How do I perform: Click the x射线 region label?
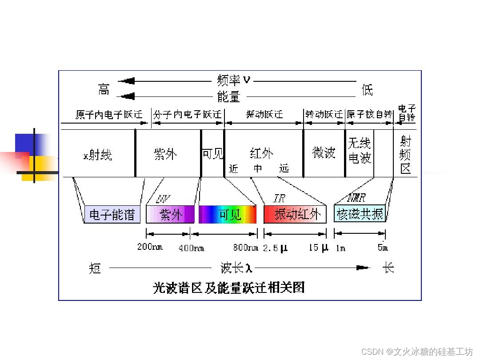pos(98,155)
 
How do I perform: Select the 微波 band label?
pos(324,152)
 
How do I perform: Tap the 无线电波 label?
pos(359,150)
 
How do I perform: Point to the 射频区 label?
pos(405,155)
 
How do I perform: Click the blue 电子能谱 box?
pos(112,215)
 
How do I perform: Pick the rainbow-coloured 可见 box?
pos(228,214)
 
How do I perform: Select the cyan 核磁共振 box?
pos(360,214)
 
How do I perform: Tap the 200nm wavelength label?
pos(150,247)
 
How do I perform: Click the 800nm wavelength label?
pos(245,248)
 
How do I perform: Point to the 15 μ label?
pos(318,248)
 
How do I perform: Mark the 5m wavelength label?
pos(383,248)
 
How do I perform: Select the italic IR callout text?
pos(279,198)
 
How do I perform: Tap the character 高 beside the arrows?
pos(104,89)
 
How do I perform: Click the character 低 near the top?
pos(367,90)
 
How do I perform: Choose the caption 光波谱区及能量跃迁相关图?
pos(228,288)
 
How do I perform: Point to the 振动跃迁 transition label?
pos(264,115)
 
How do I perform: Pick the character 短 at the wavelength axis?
pos(95,268)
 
